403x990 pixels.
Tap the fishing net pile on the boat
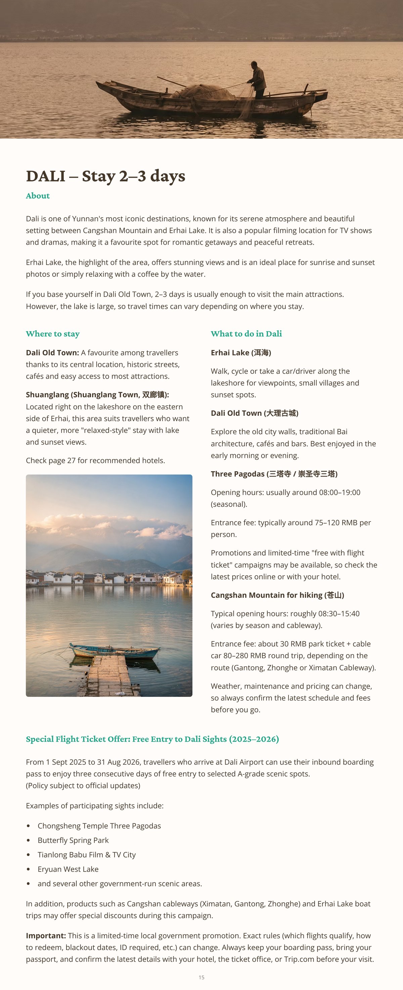pyautogui.click(x=200, y=91)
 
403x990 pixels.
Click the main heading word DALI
pyautogui.click(x=46, y=176)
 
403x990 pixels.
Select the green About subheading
pyautogui.click(x=38, y=196)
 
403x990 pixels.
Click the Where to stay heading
pyautogui.click(x=53, y=333)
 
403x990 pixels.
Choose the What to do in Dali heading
pyautogui.click(x=246, y=333)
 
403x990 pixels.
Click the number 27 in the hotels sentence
pyautogui.click(x=72, y=460)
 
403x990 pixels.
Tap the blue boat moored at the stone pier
pyautogui.click(x=115, y=650)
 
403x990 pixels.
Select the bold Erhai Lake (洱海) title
pyautogui.click(x=241, y=352)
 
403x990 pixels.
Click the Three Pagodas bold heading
pyautogui.click(x=274, y=474)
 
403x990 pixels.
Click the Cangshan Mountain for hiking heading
pyautogui.click(x=277, y=595)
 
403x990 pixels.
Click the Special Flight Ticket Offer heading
pyautogui.click(x=152, y=739)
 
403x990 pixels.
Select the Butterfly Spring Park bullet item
pyautogui.click(x=73, y=840)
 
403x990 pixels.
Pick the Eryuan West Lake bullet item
pyautogui.click(x=68, y=869)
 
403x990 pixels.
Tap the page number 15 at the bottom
pyautogui.click(x=201, y=977)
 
